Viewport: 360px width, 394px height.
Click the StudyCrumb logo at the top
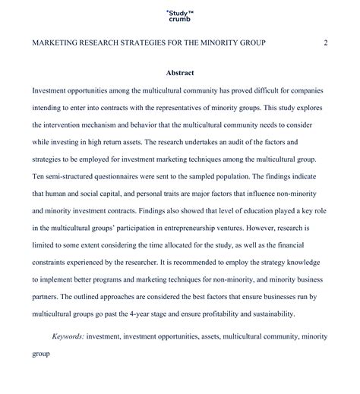click(179, 15)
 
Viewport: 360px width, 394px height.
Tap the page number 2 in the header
click(325, 43)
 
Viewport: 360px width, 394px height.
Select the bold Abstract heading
click(179, 73)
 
